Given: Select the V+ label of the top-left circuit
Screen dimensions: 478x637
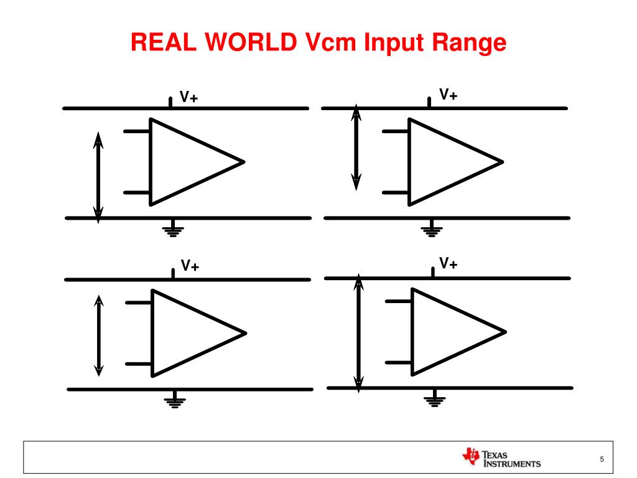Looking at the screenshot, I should coord(189,97).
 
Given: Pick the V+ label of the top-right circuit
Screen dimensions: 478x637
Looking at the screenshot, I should coord(449,95).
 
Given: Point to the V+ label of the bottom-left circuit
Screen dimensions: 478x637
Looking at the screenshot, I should coord(190,266).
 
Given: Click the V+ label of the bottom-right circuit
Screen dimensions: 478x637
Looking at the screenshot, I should coord(449,264).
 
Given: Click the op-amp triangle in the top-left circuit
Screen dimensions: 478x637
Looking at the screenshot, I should coord(187,162).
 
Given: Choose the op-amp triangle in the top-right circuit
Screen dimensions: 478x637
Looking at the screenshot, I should coord(445,162).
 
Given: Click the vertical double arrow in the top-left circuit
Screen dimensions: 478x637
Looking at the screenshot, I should coord(98,177).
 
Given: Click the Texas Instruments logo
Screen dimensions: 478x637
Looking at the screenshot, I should coord(501,458).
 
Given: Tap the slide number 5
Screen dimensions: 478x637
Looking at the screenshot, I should coord(602,459).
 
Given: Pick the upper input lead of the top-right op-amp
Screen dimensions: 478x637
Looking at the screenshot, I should coord(395,131).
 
